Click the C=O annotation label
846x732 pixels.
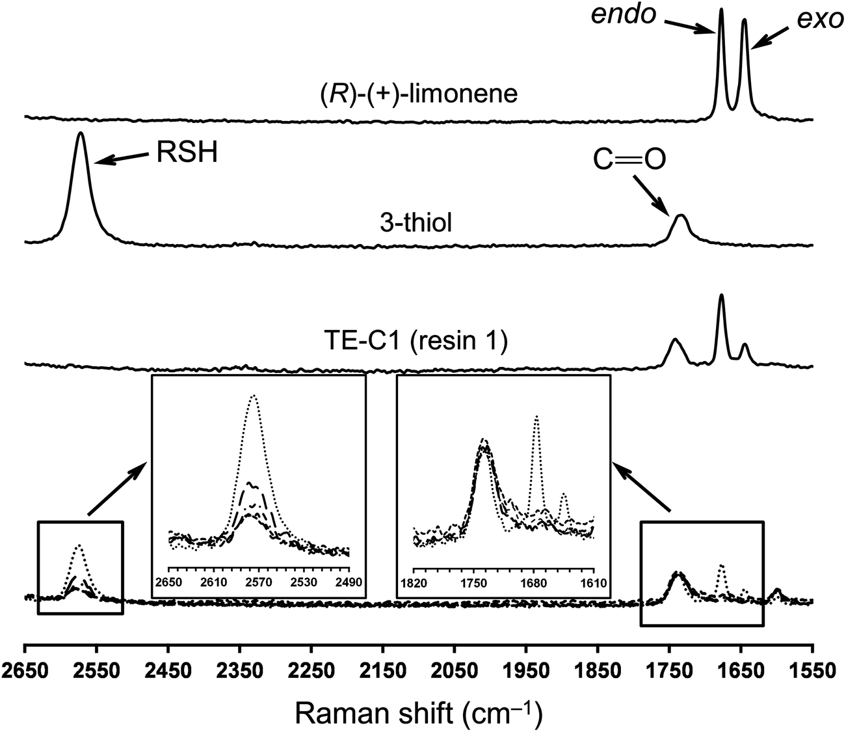629,161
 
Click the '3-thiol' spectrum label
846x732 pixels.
416,223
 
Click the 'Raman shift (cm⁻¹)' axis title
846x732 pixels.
418,712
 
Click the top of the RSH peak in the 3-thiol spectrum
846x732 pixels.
81,133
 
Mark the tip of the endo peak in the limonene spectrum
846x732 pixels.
720,10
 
